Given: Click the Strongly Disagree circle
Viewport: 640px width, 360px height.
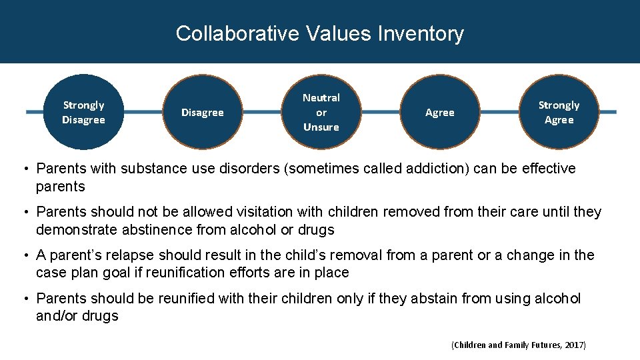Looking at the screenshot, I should coord(83,112).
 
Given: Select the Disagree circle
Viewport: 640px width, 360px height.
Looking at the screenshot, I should coord(203,113).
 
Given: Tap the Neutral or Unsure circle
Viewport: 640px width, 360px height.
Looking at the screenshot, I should coord(321,112).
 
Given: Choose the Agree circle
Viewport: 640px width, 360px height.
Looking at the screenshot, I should coord(440,113).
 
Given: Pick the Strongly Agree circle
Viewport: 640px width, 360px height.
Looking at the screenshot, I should coord(559,112).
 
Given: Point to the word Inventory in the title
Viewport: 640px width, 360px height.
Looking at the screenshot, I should coord(421,33).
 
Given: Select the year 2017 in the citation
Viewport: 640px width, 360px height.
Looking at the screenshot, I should coord(573,345).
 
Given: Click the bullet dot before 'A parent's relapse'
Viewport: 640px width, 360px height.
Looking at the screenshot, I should coord(27,256).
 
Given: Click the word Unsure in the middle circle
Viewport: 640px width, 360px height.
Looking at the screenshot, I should coord(321,127).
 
